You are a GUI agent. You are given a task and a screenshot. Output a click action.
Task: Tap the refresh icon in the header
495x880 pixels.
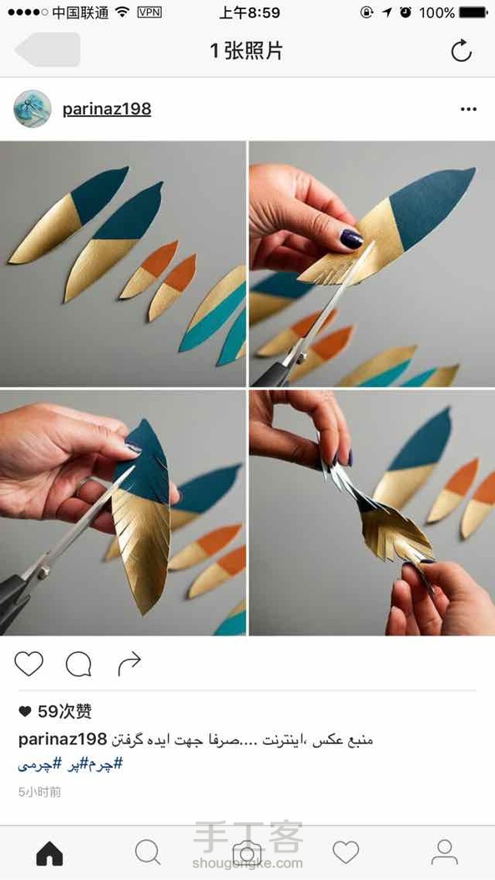tap(462, 50)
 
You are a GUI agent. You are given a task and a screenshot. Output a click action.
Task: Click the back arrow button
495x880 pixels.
tap(48, 49)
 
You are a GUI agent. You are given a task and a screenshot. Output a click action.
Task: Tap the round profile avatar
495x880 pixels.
tap(32, 109)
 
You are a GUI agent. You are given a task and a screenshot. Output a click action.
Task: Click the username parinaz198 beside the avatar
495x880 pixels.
tap(107, 109)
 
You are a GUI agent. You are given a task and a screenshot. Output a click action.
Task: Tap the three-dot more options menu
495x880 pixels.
tap(468, 109)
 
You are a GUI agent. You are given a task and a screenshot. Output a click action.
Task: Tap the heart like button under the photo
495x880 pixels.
tap(28, 664)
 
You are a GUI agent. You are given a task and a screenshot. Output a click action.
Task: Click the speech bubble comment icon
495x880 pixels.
tap(78, 665)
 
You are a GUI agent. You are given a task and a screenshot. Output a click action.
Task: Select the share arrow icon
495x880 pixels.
tap(129, 665)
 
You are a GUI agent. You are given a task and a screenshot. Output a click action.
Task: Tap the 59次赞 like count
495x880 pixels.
tap(55, 711)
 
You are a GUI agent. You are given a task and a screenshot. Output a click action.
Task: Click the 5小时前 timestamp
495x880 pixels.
tap(40, 791)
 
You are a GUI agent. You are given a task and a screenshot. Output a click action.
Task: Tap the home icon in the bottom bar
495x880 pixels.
tap(49, 853)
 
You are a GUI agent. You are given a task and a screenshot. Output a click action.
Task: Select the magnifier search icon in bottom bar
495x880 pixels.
tap(148, 853)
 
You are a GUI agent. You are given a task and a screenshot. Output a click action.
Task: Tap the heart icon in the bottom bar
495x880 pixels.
tap(346, 852)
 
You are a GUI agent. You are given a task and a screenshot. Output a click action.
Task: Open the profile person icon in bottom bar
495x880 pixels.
tap(444, 852)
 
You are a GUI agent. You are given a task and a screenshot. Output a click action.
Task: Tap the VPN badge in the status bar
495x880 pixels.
tap(149, 13)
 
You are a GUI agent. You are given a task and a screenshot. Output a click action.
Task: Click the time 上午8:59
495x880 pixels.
tap(249, 13)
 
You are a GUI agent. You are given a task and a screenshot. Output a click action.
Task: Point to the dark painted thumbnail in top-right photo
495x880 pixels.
tap(352, 239)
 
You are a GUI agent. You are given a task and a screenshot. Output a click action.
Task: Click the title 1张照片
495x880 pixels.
tap(246, 50)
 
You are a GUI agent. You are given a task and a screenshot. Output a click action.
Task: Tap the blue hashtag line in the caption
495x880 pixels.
tap(70, 764)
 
